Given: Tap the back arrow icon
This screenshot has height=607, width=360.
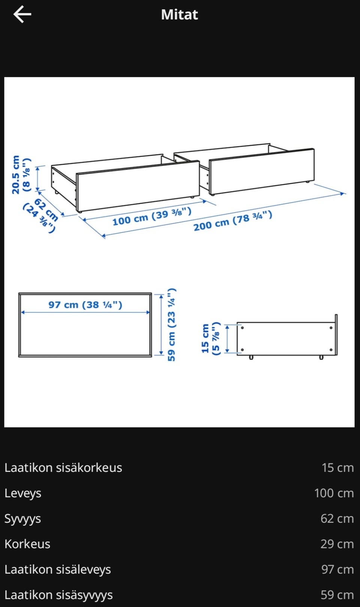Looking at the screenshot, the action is point(22,14).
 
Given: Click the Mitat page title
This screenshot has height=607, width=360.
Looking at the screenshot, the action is point(180,15).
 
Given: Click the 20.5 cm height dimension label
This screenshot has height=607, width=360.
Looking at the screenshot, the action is point(21,175).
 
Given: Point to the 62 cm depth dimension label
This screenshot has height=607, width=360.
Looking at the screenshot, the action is point(40,214).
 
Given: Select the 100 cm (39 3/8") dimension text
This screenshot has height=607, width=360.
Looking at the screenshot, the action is point(152,216).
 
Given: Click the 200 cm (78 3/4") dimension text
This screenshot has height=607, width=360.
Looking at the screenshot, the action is point(232,220).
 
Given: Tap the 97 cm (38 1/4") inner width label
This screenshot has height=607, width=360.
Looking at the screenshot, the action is point(85,305).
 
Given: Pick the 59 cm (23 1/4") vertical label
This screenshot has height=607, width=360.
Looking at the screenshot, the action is point(172,325).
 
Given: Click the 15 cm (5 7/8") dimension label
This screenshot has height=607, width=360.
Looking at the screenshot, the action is point(210,339).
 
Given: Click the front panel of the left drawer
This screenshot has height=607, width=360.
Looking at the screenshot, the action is point(138,186).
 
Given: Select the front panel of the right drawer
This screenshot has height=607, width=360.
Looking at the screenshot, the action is point(262,171).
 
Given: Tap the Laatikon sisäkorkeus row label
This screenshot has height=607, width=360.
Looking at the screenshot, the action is point(63,468).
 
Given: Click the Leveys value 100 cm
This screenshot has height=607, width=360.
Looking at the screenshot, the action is point(334,493).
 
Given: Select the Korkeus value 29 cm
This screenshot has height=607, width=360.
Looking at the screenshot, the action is point(337,544).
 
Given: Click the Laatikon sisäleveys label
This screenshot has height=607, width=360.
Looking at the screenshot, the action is point(58,570).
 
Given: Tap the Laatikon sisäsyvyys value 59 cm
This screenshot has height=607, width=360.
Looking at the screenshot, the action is point(337,595).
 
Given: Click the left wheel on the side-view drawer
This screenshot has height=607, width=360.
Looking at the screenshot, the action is point(251,357).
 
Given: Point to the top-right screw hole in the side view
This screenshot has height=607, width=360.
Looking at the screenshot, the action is point(331,328).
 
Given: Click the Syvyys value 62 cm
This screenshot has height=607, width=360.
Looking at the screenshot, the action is point(337,519).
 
